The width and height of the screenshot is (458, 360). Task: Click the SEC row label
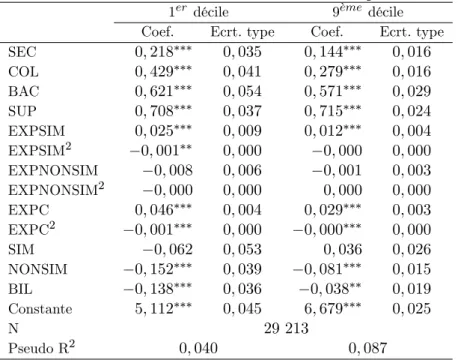(22, 52)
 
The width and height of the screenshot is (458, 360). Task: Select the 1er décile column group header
(199, 12)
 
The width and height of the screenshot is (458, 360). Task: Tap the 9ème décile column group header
(368, 12)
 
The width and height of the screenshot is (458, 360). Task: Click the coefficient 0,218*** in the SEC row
(163, 52)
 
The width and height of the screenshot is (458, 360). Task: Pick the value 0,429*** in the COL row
(163, 71)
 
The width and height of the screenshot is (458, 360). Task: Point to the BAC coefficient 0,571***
(333, 91)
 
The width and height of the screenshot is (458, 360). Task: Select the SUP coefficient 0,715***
(333, 111)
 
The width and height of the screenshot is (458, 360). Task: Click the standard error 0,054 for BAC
(242, 91)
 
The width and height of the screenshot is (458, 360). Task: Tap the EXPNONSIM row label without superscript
(53, 170)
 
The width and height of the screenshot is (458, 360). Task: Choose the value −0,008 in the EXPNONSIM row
(168, 170)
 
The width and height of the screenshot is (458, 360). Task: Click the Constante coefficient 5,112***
(163, 309)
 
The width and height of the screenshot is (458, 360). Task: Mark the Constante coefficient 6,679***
(333, 309)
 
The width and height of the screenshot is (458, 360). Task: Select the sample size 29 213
(286, 328)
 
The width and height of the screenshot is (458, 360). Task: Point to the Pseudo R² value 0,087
(368, 348)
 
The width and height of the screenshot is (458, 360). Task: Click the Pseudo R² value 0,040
(198, 348)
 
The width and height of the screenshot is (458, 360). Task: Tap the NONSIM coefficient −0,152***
(158, 269)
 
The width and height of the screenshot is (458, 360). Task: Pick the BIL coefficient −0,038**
(330, 289)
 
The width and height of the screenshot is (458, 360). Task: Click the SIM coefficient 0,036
(343, 249)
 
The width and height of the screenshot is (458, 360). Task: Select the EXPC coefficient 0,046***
(163, 210)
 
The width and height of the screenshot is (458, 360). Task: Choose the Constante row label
(40, 309)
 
